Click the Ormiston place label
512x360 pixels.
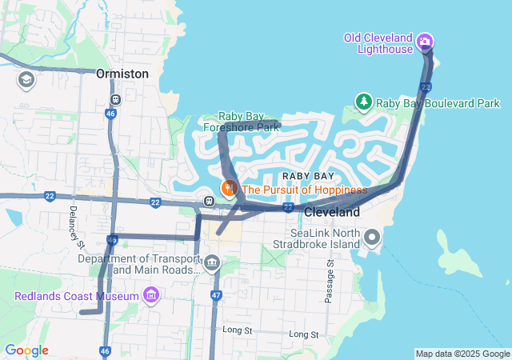tap(122, 74)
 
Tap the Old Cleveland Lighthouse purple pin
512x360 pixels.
tap(426, 41)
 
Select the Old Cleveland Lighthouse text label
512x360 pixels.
tap(378, 43)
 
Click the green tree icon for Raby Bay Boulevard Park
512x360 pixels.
tap(364, 102)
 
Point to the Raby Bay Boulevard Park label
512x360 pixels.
tap(438, 103)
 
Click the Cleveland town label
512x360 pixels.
tap(332, 213)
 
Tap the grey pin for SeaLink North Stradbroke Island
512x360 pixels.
tap(371, 238)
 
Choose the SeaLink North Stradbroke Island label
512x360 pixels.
tap(326, 238)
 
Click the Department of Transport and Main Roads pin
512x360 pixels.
tap(212, 262)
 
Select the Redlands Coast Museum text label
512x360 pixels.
tap(77, 296)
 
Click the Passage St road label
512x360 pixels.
tap(328, 280)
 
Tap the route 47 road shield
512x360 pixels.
tap(216, 296)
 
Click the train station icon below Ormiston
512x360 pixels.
tap(116, 100)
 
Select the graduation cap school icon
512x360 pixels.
tap(26, 79)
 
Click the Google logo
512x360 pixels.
tap(26, 350)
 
